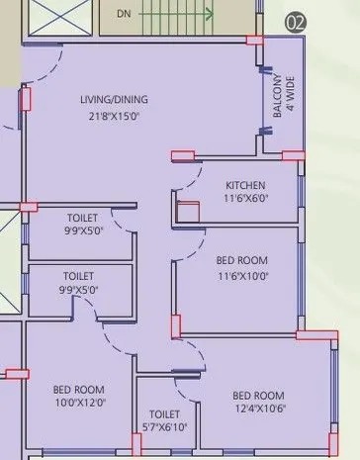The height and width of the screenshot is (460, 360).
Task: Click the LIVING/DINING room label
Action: coord(114,100)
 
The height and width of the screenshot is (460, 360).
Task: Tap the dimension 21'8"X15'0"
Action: coord(114,118)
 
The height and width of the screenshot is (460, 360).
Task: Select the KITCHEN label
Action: coord(245,185)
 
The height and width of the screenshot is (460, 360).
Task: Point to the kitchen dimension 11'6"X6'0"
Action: coord(246,198)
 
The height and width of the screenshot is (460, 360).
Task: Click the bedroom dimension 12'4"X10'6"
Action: coord(258,410)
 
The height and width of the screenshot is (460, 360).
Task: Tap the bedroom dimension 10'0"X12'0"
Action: coord(78,403)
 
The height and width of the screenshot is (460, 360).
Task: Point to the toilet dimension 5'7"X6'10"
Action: coord(164,427)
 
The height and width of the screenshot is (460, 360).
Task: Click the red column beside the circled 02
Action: coord(254,41)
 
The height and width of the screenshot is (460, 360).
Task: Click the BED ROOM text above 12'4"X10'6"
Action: coord(258,396)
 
